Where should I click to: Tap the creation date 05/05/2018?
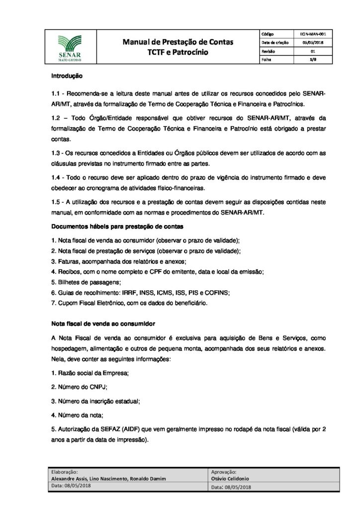(x=312, y=43)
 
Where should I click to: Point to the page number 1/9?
(x=312, y=60)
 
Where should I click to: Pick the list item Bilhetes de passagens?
(x=75, y=281)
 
